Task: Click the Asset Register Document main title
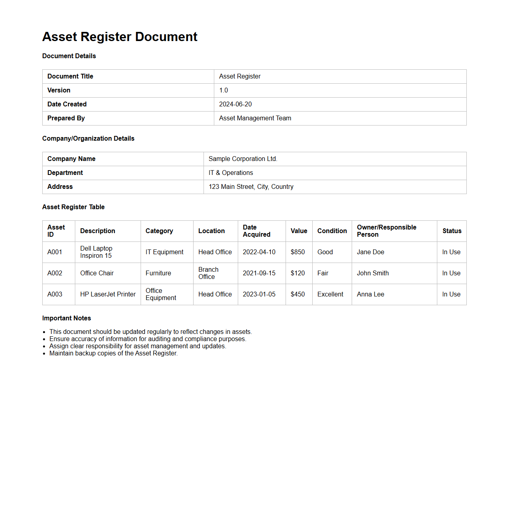119,37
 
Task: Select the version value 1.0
223,90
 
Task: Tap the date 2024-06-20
235,104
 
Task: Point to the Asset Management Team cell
255,118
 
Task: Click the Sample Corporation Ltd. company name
243,159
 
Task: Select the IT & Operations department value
231,173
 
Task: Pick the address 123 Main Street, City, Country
251,187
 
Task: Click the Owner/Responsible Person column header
386,231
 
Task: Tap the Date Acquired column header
256,231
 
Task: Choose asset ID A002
55,273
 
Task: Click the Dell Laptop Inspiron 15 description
96,252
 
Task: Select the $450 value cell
298,294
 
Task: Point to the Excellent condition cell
330,294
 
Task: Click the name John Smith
373,273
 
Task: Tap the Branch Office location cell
208,273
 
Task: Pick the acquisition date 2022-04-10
259,252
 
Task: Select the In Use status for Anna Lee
451,294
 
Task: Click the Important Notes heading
67,318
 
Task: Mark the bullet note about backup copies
114,353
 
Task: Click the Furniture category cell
158,273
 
